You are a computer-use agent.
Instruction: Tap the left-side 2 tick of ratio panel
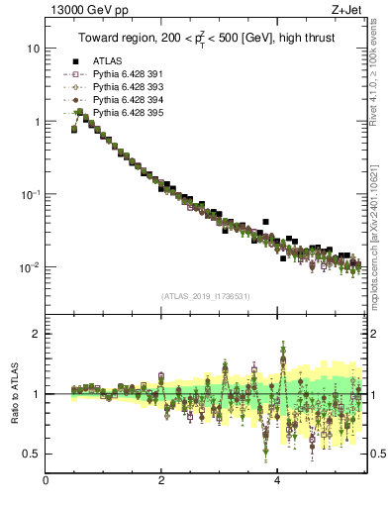click(x=36, y=334)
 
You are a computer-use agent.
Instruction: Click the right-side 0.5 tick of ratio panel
click(x=376, y=455)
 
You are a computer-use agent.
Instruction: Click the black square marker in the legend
click(x=74, y=61)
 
